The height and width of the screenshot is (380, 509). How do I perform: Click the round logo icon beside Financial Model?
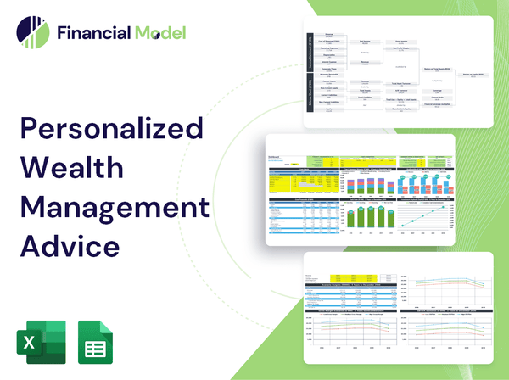[x=31, y=33]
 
